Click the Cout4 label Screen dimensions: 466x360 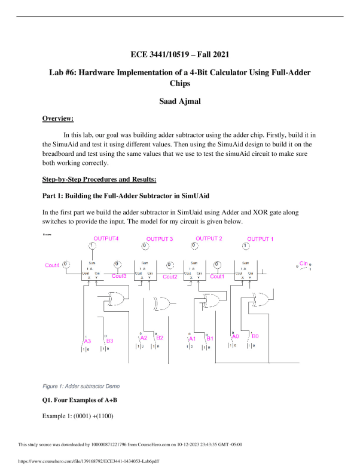53,265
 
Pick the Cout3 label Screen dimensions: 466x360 119,276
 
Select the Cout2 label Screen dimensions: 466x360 170,277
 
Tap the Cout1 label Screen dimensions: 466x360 218,276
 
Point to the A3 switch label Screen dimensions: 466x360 87,341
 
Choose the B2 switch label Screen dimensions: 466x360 160,338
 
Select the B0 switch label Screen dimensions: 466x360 255,336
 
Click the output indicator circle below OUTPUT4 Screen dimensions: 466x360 92,247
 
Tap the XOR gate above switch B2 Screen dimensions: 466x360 161,303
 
